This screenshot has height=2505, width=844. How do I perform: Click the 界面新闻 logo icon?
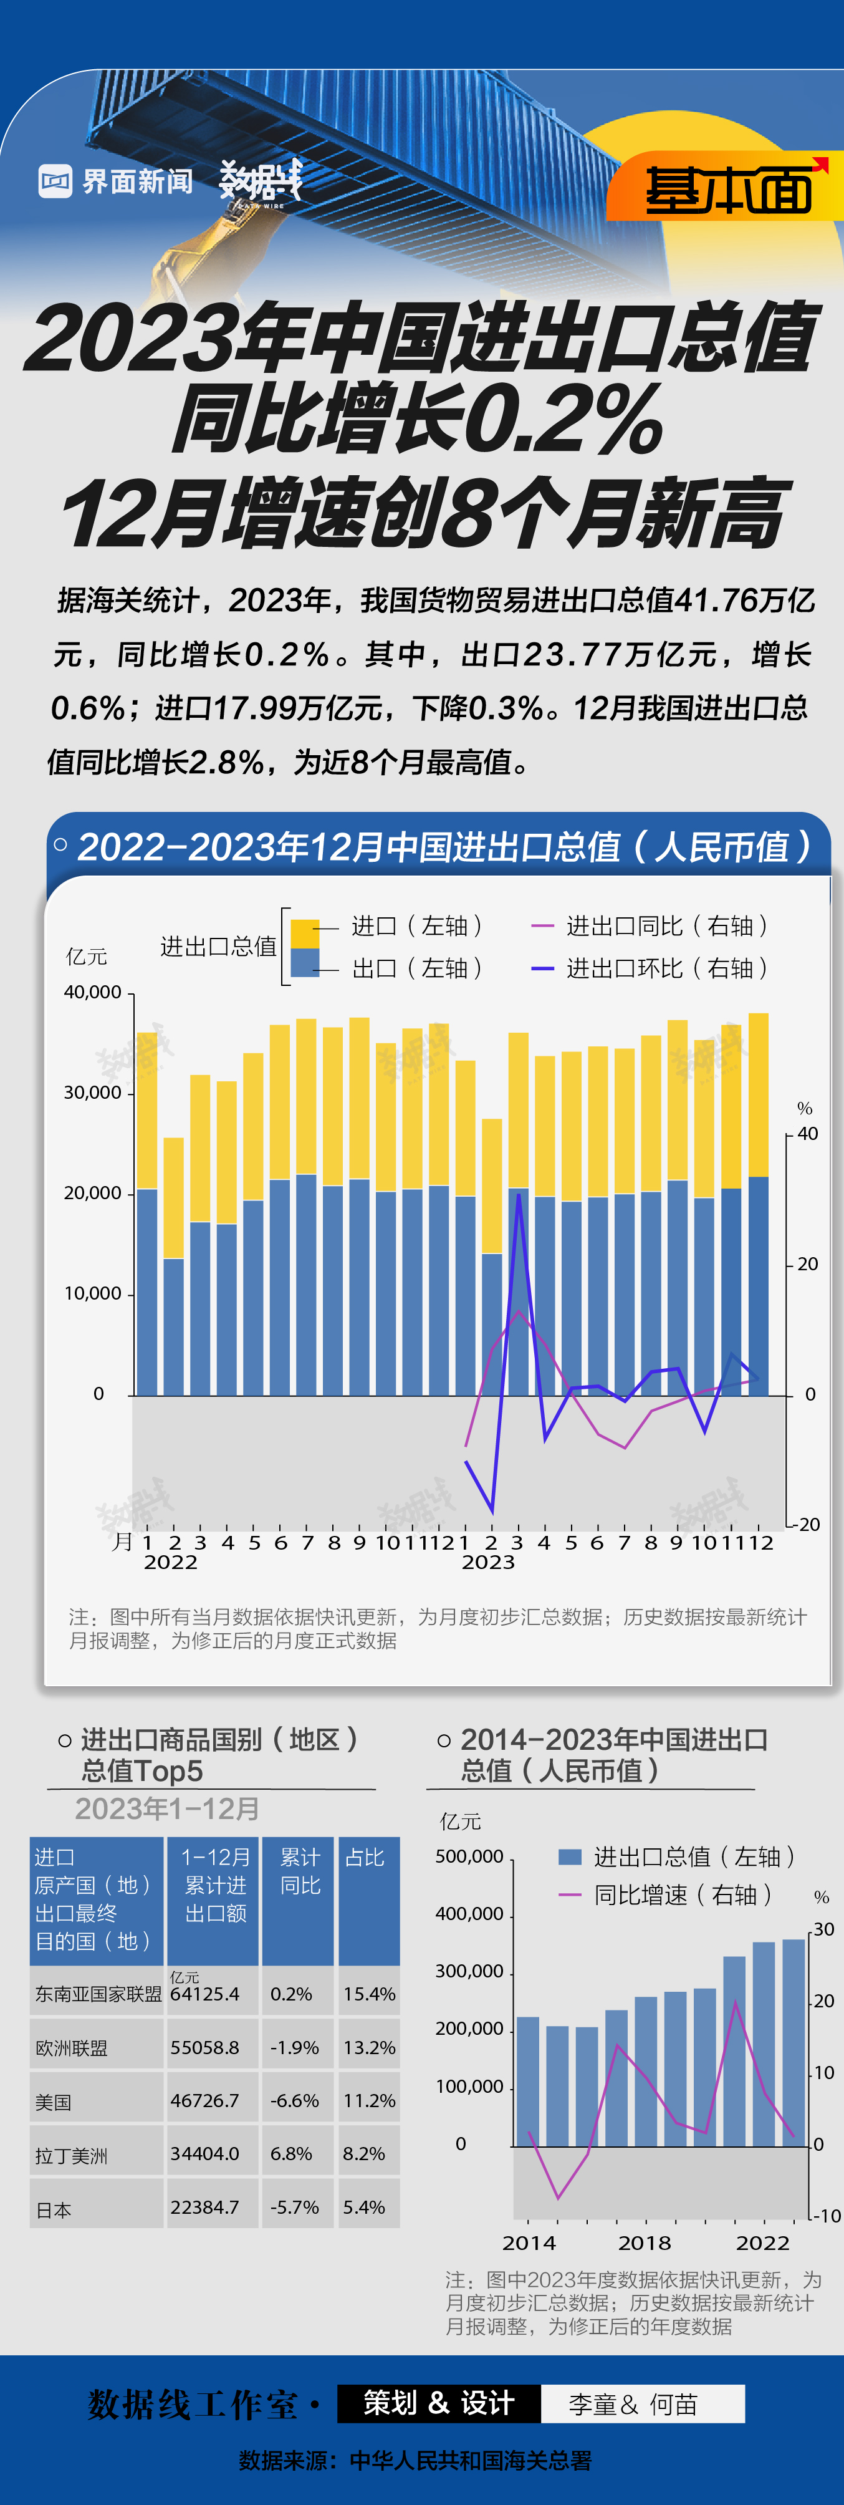point(55,181)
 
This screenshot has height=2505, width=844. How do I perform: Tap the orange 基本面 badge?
point(727,189)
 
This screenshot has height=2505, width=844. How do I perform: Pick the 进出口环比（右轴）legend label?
point(667,968)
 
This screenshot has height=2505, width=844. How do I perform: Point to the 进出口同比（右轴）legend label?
point(667,926)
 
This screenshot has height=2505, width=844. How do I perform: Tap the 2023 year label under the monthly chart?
point(488,1561)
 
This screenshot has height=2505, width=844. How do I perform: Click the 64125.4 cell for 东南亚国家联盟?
point(204,1994)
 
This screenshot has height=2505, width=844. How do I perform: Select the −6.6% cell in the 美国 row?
point(295,2100)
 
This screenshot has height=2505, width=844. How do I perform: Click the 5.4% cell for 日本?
point(363,2208)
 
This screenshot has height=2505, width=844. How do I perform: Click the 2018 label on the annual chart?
point(645,2242)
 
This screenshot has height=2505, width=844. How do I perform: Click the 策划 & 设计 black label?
point(439,2403)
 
